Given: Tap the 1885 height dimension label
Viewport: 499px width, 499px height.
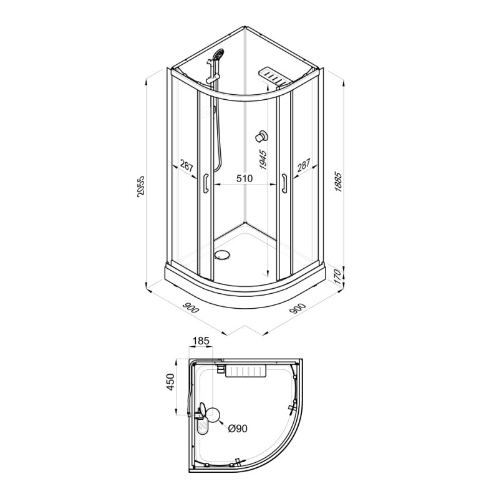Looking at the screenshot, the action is click(x=338, y=182).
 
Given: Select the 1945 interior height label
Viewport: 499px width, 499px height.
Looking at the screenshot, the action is click(x=263, y=159).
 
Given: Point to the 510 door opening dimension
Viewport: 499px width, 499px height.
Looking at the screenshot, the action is click(x=245, y=178).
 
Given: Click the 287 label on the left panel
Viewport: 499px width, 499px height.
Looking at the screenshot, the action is click(x=186, y=166).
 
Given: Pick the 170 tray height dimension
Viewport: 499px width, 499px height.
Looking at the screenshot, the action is click(x=338, y=276).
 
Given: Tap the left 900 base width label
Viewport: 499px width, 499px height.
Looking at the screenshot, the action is click(x=190, y=306).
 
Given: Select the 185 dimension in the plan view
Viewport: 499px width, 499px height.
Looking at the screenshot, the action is click(x=201, y=341).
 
